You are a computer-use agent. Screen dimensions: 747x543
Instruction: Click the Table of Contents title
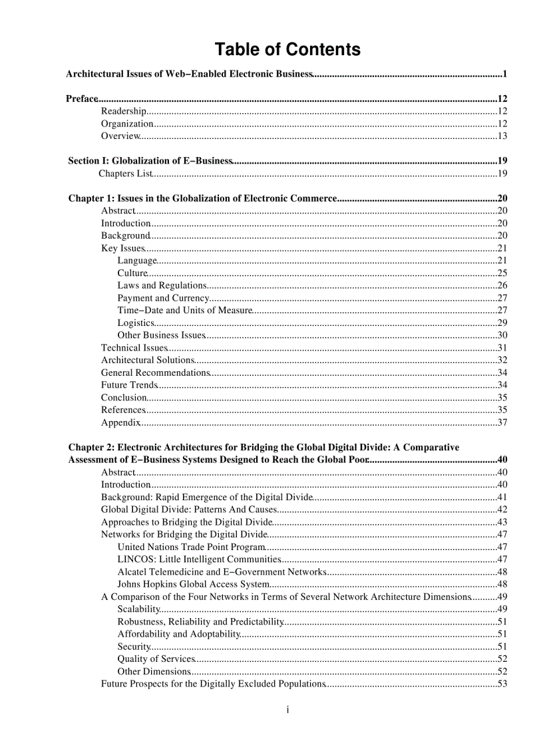287,50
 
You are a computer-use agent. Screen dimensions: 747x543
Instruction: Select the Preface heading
82,99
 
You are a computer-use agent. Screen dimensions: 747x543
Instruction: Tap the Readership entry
123,112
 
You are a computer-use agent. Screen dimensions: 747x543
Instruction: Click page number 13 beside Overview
502,136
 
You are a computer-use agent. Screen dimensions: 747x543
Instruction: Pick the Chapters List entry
125,174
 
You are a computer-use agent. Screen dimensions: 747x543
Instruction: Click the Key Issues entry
122,248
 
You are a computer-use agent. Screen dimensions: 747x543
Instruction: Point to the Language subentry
137,261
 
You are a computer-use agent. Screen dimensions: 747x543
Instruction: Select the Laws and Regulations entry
162,285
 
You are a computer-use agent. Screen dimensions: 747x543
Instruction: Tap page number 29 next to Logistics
502,323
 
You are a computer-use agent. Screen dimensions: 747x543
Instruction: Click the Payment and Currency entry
163,298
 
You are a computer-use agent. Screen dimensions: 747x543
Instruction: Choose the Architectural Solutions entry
147,360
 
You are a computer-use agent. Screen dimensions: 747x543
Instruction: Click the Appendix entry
120,422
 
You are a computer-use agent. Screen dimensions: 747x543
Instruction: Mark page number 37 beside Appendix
502,422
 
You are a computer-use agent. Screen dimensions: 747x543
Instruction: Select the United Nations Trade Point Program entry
191,547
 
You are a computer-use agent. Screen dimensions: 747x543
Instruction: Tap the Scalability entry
139,609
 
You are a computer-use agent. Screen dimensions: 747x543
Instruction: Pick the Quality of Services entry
156,659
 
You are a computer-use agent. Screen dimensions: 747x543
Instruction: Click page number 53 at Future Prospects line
502,684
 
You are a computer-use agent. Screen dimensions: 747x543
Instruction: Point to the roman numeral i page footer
287,710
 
